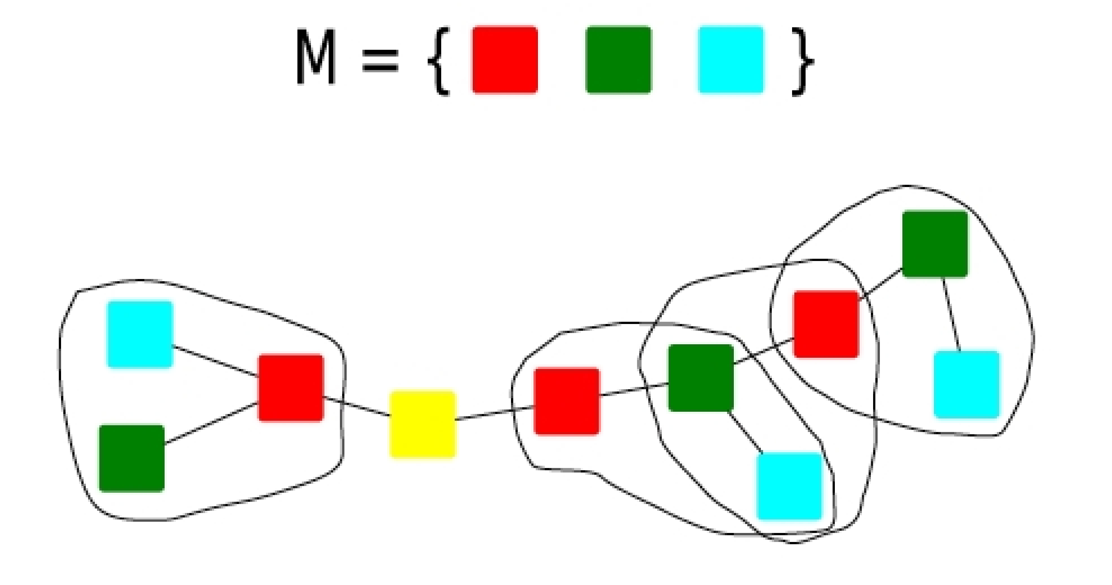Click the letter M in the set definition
point(315,57)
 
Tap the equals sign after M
point(380,60)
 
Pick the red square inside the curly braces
point(505,60)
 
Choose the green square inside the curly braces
point(618,60)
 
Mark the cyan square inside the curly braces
point(731,60)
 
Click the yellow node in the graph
point(422,424)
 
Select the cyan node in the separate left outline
point(140,334)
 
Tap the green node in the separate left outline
point(132,458)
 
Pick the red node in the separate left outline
point(290,387)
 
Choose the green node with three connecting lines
point(701,377)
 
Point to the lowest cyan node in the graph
point(789,486)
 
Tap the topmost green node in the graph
point(934,244)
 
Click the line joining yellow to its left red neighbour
point(357,406)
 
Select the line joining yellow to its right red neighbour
point(495,413)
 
